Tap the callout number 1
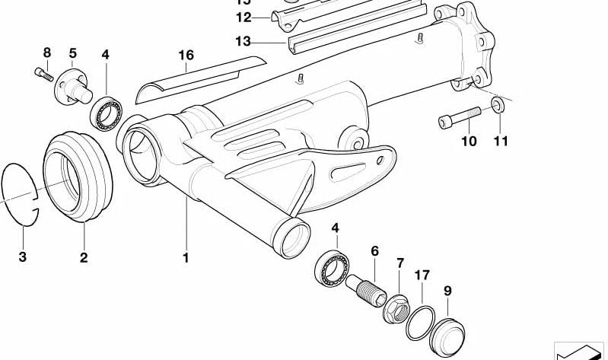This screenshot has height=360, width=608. [x=185, y=258]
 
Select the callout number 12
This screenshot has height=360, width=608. [x=243, y=17]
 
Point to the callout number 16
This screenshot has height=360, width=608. [x=186, y=56]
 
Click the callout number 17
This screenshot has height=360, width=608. [x=422, y=274]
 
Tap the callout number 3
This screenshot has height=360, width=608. [x=22, y=257]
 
